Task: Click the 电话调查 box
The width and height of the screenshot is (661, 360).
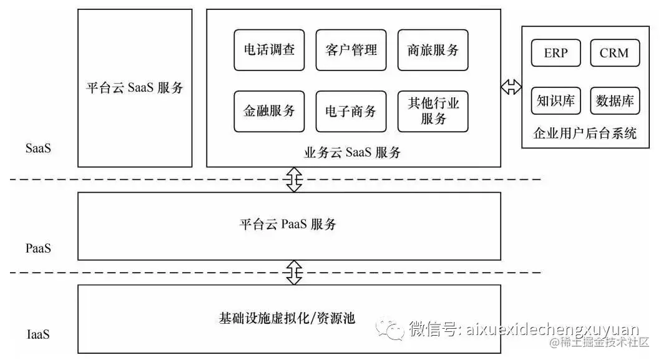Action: pyautogui.click(x=269, y=50)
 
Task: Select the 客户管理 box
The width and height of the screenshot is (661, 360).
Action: pyautogui.click(x=351, y=50)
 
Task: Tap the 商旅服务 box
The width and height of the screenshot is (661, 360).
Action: pyautogui.click(x=433, y=50)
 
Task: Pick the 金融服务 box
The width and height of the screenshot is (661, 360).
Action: pyautogui.click(x=269, y=112)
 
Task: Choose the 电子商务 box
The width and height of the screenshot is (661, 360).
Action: pyautogui.click(x=351, y=112)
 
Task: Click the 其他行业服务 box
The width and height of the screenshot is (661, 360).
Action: pyautogui.click(x=433, y=112)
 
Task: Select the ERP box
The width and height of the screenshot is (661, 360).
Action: pyautogui.click(x=556, y=53)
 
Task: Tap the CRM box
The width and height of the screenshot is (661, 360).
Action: pyautogui.click(x=615, y=53)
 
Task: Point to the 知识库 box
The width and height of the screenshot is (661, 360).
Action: pyautogui.click(x=556, y=100)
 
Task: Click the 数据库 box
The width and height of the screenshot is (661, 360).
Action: pyautogui.click(x=615, y=100)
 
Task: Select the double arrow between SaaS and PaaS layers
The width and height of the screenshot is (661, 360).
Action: pyautogui.click(x=294, y=180)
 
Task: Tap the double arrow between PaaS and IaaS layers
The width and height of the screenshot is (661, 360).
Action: pyautogui.click(x=294, y=272)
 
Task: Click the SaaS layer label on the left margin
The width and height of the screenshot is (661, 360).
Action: pyautogui.click(x=39, y=149)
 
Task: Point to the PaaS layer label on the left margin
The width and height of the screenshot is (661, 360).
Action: pyautogui.click(x=39, y=248)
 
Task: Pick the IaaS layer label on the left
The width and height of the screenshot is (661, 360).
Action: pyautogui.click(x=38, y=334)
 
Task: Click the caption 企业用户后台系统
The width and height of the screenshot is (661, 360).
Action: pyautogui.click(x=584, y=133)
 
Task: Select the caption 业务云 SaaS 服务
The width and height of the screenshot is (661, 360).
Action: pyautogui.click(x=353, y=152)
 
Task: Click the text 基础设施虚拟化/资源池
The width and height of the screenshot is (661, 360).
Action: pyautogui.click(x=286, y=318)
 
